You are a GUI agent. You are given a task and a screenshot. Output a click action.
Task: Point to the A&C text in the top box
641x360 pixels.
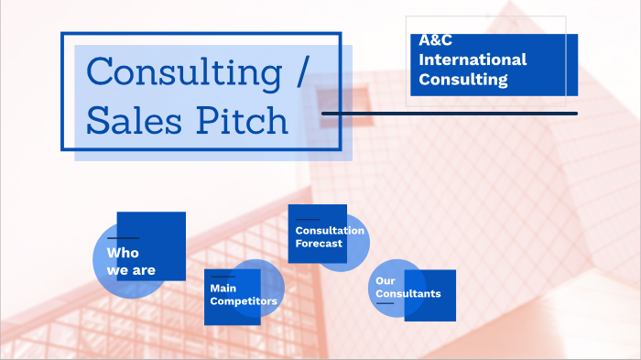click(436, 40)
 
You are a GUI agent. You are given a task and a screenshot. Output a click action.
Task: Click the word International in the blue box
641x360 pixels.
click(473, 60)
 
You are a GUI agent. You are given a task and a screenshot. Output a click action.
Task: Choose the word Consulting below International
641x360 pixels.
click(463, 80)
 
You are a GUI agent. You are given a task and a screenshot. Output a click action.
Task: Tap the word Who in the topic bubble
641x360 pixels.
click(122, 252)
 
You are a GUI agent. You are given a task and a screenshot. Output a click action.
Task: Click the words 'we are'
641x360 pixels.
click(131, 270)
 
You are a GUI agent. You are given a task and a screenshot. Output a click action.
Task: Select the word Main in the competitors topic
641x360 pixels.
click(223, 288)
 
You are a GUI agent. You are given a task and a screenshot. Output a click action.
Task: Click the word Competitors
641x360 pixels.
click(244, 300)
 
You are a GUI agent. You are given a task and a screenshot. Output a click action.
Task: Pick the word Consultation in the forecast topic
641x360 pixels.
click(330, 230)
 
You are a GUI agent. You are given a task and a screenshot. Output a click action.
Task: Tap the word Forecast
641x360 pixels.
click(319, 244)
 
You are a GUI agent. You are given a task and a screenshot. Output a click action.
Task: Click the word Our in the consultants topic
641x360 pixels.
click(385, 280)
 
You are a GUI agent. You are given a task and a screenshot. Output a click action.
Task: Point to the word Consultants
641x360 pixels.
click(408, 294)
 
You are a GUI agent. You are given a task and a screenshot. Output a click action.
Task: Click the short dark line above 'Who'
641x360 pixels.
click(123, 238)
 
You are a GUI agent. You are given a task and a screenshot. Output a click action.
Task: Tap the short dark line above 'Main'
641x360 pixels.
click(223, 276)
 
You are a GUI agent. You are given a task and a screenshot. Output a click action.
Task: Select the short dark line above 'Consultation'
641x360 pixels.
click(307, 219)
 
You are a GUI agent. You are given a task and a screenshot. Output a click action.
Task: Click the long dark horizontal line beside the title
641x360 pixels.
click(449, 114)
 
